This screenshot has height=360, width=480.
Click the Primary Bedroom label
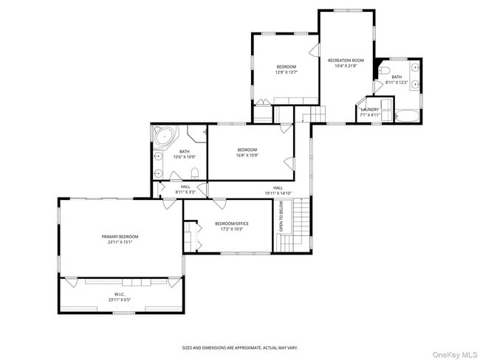pyautogui.click(x=120, y=237)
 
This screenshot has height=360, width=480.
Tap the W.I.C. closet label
pyautogui.click(x=120, y=297)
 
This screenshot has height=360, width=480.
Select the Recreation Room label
pyautogui.click(x=346, y=60)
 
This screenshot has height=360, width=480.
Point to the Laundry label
pyautogui.click(x=369, y=109)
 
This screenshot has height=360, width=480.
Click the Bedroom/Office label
pyautogui.click(x=231, y=224)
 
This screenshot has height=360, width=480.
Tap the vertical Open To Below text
pyautogui.click(x=281, y=218)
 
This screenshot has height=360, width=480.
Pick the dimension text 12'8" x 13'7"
pyautogui.click(x=286, y=72)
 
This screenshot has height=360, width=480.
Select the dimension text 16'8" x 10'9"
pyautogui.click(x=247, y=156)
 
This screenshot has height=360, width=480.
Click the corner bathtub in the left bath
pyautogui.click(x=164, y=136)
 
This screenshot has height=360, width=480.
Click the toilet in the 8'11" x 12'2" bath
pyautogui.click(x=384, y=71)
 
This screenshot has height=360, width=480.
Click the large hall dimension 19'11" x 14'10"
pyautogui.click(x=278, y=193)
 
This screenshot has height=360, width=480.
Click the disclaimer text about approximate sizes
pyautogui.click(x=240, y=347)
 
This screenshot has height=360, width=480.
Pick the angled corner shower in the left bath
pyautogui.click(x=197, y=134)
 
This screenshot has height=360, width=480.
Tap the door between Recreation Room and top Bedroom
pyautogui.click(x=315, y=50)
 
